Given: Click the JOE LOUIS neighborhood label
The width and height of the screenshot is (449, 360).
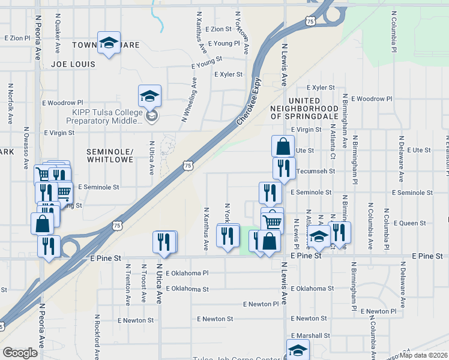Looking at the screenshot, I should [x=73, y=64].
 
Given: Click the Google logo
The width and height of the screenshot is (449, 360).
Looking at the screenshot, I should [x=20, y=352].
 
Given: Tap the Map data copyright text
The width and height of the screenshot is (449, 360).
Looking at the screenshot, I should [x=424, y=355].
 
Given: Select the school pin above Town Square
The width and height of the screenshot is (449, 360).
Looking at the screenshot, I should [x=109, y=43].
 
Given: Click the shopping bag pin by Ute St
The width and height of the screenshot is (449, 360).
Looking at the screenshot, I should [x=282, y=146].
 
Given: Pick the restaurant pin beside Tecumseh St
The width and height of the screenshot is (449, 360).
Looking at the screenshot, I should [x=284, y=168].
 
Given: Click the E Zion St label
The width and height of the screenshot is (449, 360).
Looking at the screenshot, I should [x=218, y=29].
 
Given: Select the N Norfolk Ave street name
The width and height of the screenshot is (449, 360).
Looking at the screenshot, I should [x=11, y=103].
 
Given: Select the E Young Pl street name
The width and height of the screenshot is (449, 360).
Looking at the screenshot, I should [x=223, y=43].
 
